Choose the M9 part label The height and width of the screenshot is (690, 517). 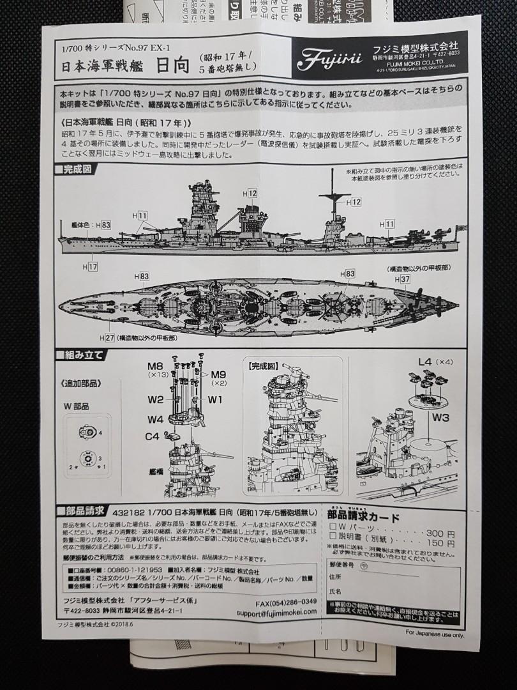point(219,374)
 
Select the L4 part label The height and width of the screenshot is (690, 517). point(425,362)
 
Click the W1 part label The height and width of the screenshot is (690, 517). point(214,400)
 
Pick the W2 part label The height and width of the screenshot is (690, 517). point(156,400)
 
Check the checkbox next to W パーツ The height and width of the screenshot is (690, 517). point(332,533)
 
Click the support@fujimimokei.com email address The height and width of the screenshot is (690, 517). point(271,611)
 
